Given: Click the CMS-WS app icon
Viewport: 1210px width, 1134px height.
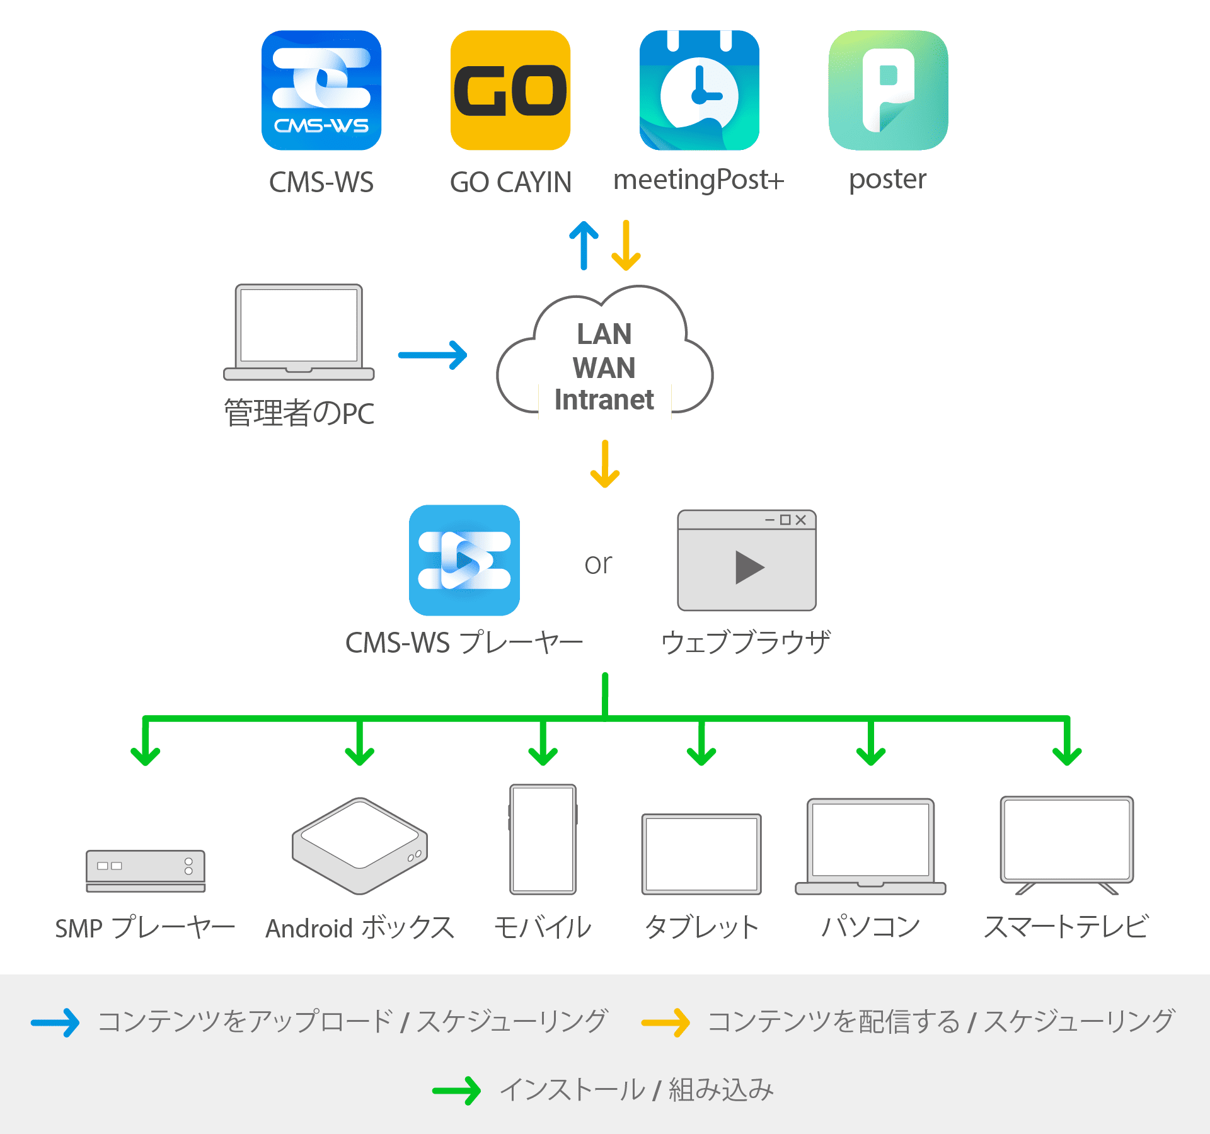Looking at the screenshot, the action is tap(321, 90).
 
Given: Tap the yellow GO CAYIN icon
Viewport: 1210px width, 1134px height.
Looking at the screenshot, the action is tap(510, 90).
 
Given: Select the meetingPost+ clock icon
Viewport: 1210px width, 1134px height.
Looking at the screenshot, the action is tap(700, 90).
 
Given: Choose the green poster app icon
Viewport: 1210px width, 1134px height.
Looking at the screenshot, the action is tap(889, 90).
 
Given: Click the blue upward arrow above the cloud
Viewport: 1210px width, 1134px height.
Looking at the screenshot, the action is tap(584, 245).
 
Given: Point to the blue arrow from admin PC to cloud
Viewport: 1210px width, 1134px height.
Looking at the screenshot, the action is tap(433, 355).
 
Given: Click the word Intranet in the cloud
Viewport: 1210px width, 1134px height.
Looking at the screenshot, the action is tap(604, 399).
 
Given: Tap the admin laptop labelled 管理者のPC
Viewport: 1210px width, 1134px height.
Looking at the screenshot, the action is tap(299, 332).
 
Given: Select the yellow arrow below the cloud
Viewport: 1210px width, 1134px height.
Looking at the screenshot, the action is tap(605, 464).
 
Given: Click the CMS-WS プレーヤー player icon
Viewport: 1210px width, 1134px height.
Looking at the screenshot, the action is tap(464, 560).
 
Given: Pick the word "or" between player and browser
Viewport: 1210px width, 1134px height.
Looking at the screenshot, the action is tap(598, 564).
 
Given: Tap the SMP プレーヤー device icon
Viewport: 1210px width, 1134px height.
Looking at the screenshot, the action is tap(146, 871).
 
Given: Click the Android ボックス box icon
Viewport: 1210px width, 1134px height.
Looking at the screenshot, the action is tap(360, 846).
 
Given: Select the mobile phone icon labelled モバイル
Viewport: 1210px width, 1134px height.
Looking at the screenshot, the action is tap(543, 839).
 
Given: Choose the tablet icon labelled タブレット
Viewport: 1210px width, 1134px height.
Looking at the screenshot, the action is tap(701, 854).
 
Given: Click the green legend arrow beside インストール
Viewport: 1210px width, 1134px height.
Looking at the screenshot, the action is tap(457, 1091).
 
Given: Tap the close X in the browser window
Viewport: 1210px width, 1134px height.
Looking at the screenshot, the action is tap(800, 520).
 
